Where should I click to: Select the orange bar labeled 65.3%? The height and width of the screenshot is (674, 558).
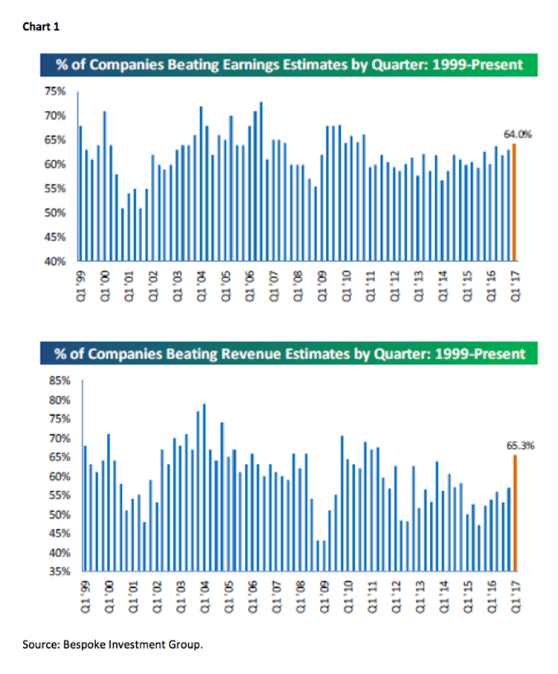click(x=513, y=513)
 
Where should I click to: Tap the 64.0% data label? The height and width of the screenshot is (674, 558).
click(x=514, y=135)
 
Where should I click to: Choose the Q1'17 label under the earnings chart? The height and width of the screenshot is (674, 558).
click(x=513, y=286)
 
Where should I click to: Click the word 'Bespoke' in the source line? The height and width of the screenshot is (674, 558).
click(x=100, y=644)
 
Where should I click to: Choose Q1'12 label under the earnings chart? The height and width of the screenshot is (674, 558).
click(x=393, y=286)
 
